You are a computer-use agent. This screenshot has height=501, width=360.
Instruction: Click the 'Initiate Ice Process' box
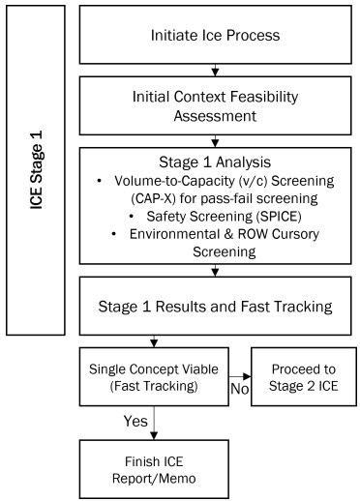[x=216, y=38]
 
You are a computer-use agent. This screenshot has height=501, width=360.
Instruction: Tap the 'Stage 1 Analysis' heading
[x=216, y=159]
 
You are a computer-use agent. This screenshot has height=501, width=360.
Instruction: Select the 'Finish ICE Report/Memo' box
[x=155, y=464]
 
